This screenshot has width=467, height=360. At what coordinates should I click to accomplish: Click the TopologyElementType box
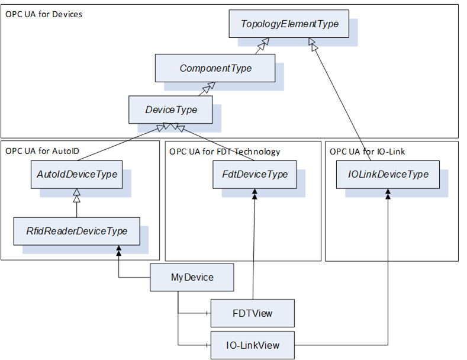click(289, 24)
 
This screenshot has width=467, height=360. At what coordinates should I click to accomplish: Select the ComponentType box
click(215, 68)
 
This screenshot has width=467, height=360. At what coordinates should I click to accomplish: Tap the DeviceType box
click(170, 110)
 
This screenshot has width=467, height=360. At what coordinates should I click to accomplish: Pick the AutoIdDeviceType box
click(77, 175)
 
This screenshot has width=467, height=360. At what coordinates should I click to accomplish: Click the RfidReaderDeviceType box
click(77, 232)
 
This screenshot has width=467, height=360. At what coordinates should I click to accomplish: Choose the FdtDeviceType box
click(255, 175)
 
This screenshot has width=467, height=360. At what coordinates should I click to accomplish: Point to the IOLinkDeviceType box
click(388, 175)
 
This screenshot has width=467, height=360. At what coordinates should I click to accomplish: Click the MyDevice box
click(192, 278)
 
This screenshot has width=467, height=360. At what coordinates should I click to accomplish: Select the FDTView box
click(253, 313)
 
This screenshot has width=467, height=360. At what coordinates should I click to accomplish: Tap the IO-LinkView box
click(253, 345)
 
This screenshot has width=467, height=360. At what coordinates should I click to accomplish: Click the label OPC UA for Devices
click(44, 14)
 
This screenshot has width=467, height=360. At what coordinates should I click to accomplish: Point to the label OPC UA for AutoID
click(42, 151)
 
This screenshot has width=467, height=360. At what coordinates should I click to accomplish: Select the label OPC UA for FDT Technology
click(224, 152)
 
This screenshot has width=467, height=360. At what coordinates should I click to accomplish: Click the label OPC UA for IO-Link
click(367, 152)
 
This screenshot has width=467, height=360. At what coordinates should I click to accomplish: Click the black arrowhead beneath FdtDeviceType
click(255, 194)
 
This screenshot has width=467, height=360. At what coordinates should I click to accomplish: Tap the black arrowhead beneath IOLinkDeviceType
click(388, 194)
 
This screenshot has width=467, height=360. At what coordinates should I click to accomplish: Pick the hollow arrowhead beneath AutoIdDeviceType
click(77, 195)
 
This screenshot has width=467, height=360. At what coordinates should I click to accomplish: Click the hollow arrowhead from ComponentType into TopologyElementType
click(263, 44)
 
